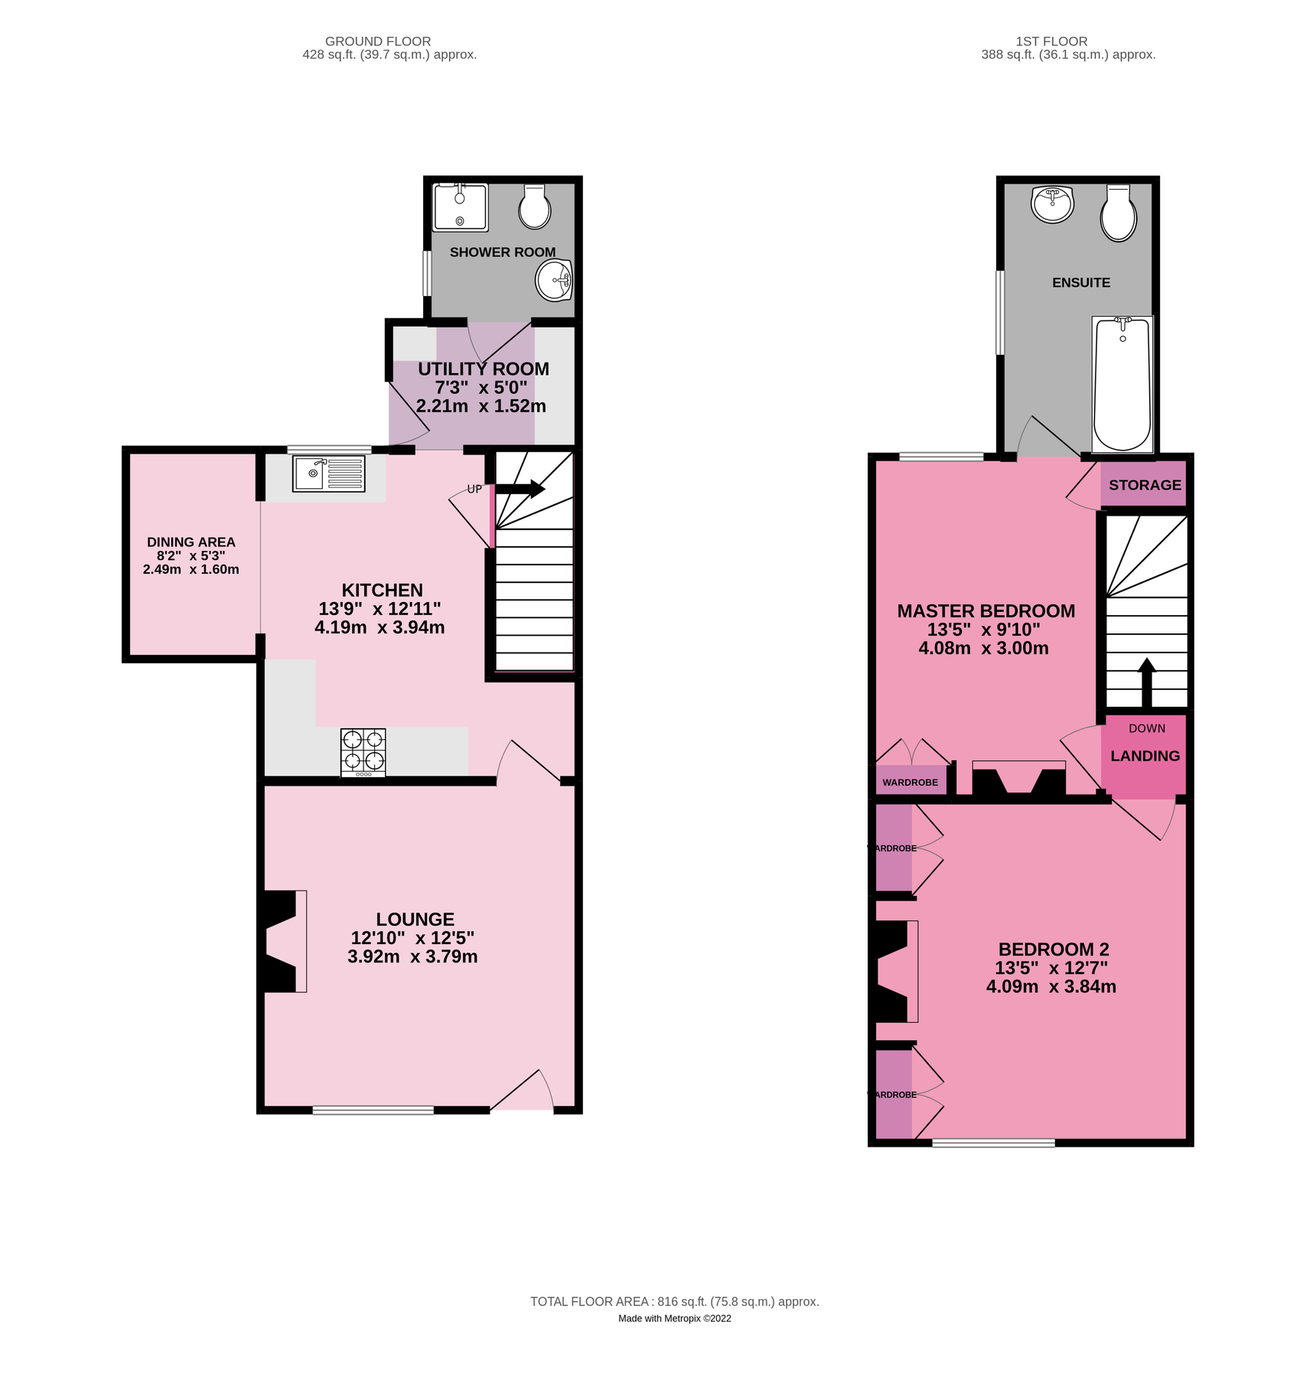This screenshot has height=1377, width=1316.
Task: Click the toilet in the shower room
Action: pyautogui.click(x=534, y=207)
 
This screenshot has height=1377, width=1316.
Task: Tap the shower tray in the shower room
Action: pyautogui.click(x=460, y=207)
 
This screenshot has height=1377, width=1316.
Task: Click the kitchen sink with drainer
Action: pyautogui.click(x=328, y=474)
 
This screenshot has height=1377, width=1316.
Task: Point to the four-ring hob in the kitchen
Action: pyautogui.click(x=363, y=752)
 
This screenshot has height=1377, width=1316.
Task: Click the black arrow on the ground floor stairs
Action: pyautogui.click(x=522, y=489)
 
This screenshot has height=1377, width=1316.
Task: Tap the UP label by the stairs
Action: pyautogui.click(x=474, y=490)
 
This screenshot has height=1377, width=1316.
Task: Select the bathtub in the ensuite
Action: pyautogui.click(x=1122, y=384)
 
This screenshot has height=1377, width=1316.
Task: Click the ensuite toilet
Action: pyautogui.click(x=1118, y=213)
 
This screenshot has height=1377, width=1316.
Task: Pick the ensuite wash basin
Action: pyautogui.click(x=1053, y=203)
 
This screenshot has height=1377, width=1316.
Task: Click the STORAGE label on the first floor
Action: pyautogui.click(x=1145, y=485)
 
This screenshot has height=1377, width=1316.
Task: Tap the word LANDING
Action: pyautogui.click(x=1145, y=756)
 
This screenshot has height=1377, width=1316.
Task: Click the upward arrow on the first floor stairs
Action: pyautogui.click(x=1146, y=681)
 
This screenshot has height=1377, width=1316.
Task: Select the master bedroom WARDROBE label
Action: pyautogui.click(x=910, y=783)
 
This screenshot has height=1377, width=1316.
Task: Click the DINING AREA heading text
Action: pyautogui.click(x=191, y=542)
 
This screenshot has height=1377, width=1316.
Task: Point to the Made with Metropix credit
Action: pyautogui.click(x=674, y=1318)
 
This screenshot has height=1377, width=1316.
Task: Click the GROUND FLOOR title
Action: pyautogui.click(x=378, y=41)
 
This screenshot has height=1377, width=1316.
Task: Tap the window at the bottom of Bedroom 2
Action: pyautogui.click(x=993, y=1143)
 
